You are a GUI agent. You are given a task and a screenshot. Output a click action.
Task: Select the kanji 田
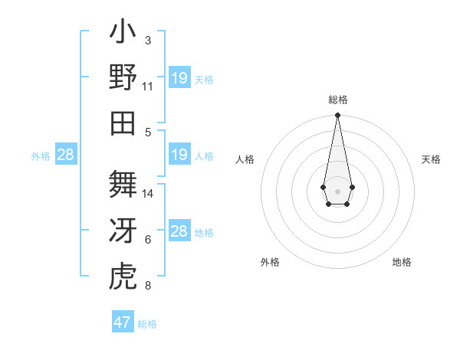click(x=123, y=122)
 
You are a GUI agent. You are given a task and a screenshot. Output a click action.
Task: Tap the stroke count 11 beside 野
click(x=148, y=86)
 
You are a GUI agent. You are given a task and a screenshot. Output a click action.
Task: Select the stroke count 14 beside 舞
click(x=148, y=194)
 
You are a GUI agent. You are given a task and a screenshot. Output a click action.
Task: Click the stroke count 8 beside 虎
click(x=148, y=286)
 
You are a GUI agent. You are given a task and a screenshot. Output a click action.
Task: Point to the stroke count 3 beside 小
click(x=148, y=41)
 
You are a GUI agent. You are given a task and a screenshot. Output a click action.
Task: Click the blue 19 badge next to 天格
click(x=179, y=78)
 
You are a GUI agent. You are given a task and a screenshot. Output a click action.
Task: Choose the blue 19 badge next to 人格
click(x=179, y=155)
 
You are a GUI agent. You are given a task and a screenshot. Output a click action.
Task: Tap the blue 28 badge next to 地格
click(x=179, y=231)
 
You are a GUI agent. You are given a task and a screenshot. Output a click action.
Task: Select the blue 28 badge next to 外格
click(x=66, y=155)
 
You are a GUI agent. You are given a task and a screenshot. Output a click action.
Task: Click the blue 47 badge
click(x=123, y=322)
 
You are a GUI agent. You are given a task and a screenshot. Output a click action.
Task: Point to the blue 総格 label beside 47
click(x=147, y=324)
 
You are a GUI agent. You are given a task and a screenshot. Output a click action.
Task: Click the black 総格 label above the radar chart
click(x=338, y=100)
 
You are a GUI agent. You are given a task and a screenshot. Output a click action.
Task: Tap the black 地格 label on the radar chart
click(x=402, y=262)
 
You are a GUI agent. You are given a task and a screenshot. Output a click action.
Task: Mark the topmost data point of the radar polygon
click(x=337, y=116)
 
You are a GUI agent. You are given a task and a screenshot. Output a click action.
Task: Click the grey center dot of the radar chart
click(x=337, y=191)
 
